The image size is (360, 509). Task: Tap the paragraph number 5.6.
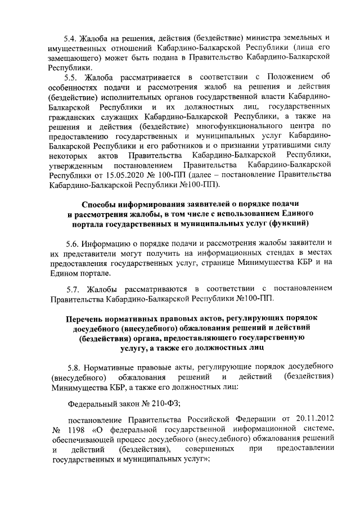pos(74,244)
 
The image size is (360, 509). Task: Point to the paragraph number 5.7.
pos(74,289)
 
